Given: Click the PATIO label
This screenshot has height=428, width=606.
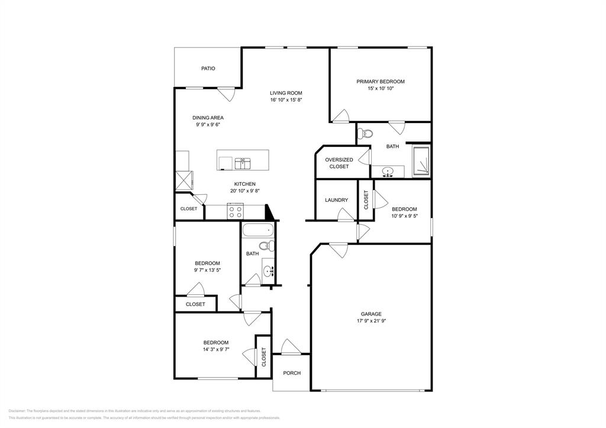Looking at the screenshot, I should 208,69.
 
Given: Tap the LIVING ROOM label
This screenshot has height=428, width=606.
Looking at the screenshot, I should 286,93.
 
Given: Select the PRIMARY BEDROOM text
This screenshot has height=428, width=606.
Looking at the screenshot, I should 380,82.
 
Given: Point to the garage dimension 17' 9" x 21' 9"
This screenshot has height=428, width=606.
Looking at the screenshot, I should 371,321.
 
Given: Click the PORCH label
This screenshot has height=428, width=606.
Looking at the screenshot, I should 292,373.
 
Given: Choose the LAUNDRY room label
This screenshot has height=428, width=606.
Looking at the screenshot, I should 336,200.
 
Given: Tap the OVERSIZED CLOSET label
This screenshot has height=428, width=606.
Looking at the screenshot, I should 339,163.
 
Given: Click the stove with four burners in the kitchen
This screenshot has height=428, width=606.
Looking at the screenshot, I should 236,210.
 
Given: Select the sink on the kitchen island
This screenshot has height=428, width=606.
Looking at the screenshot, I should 243,162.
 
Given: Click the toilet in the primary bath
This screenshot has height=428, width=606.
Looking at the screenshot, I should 366,133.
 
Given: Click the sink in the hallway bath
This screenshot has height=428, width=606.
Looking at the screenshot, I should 269,272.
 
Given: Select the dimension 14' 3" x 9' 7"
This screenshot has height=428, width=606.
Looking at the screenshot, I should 215,350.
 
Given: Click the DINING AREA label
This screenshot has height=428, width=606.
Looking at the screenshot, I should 208,118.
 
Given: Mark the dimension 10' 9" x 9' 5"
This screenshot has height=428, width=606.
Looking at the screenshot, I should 404,216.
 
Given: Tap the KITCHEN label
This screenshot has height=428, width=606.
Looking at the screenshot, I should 244,184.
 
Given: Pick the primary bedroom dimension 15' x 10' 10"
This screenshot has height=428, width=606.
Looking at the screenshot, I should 380,89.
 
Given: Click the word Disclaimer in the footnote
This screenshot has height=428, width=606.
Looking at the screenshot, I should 17,410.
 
